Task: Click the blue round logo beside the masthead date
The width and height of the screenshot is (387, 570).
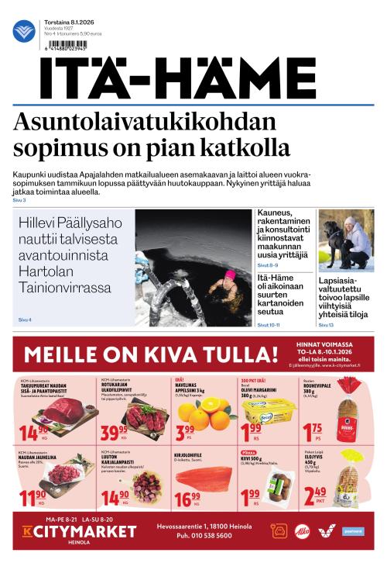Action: [24, 31]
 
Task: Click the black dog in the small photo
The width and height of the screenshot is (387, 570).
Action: [335, 233]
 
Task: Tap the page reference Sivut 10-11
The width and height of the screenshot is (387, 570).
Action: [268, 325]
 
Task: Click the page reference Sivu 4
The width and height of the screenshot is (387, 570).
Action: [24, 320]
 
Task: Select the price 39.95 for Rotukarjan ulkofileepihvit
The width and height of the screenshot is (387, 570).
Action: [114, 430]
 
